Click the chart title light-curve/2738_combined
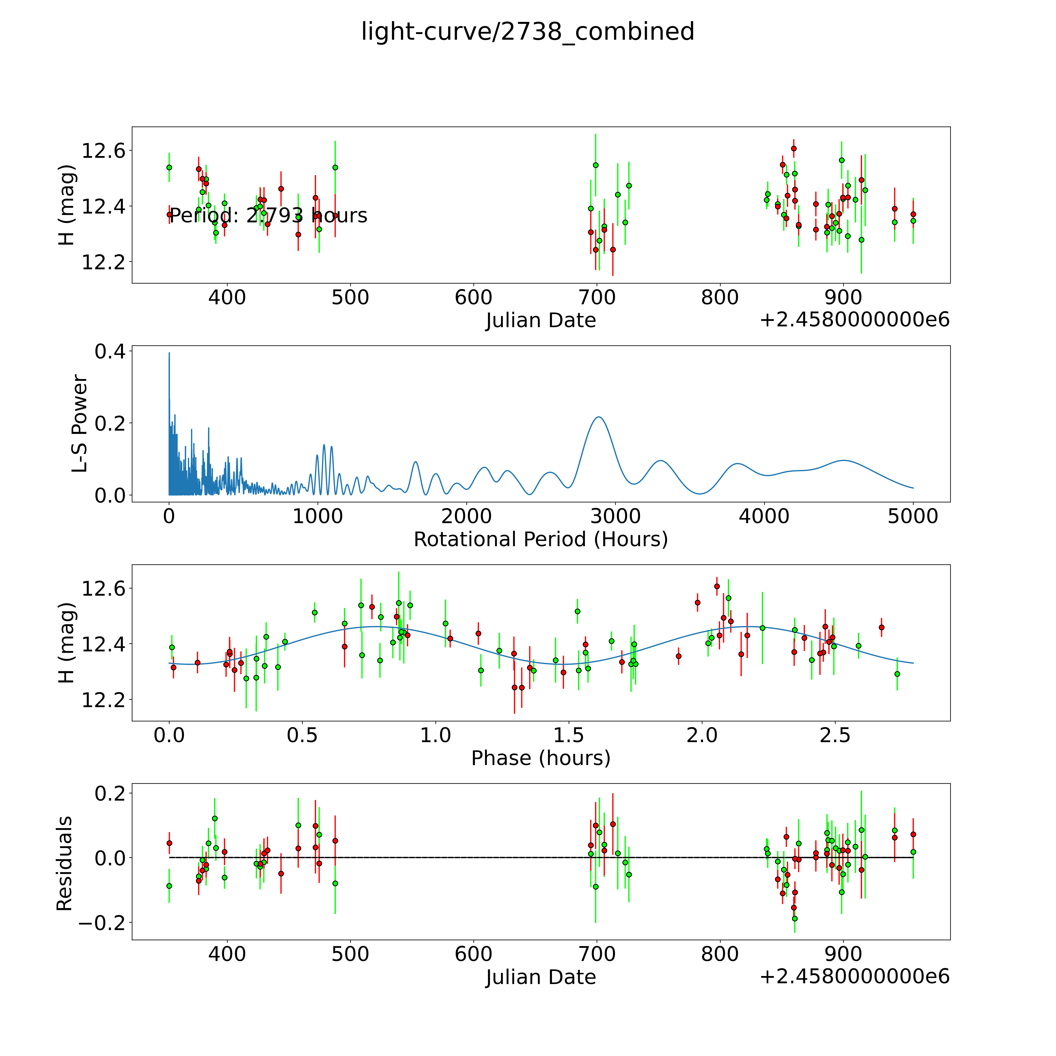pos(527,32)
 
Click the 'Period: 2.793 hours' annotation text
pos(268,216)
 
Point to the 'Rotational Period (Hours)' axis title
pos(541,540)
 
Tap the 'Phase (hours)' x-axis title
pos(541,758)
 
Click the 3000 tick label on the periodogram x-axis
pos(615,516)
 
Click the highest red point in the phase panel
pos(717,586)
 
